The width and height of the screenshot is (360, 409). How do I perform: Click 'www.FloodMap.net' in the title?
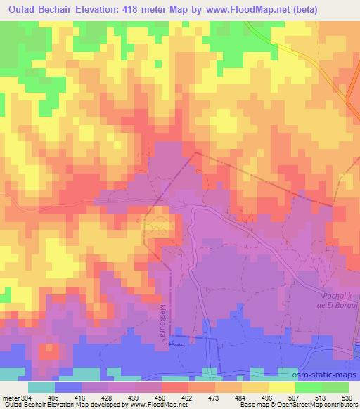pos(231,10)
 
